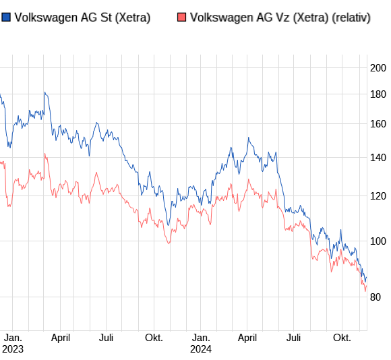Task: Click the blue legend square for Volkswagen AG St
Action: point(5,18)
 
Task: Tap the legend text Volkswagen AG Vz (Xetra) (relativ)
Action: point(280,18)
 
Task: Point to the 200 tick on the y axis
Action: point(378,67)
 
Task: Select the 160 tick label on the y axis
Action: point(378,124)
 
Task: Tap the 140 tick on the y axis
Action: point(378,158)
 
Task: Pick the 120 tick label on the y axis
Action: point(378,196)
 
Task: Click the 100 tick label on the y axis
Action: point(378,241)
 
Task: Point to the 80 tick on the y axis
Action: point(378,297)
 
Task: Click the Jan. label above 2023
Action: point(13,338)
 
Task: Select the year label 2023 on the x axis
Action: point(13,349)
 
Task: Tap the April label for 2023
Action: point(61,338)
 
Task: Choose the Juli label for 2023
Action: point(106,338)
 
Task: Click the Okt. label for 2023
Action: point(154,338)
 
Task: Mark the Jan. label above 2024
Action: point(201,338)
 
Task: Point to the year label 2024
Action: point(201,349)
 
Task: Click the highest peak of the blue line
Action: point(44,92)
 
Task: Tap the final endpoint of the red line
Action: point(366,291)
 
